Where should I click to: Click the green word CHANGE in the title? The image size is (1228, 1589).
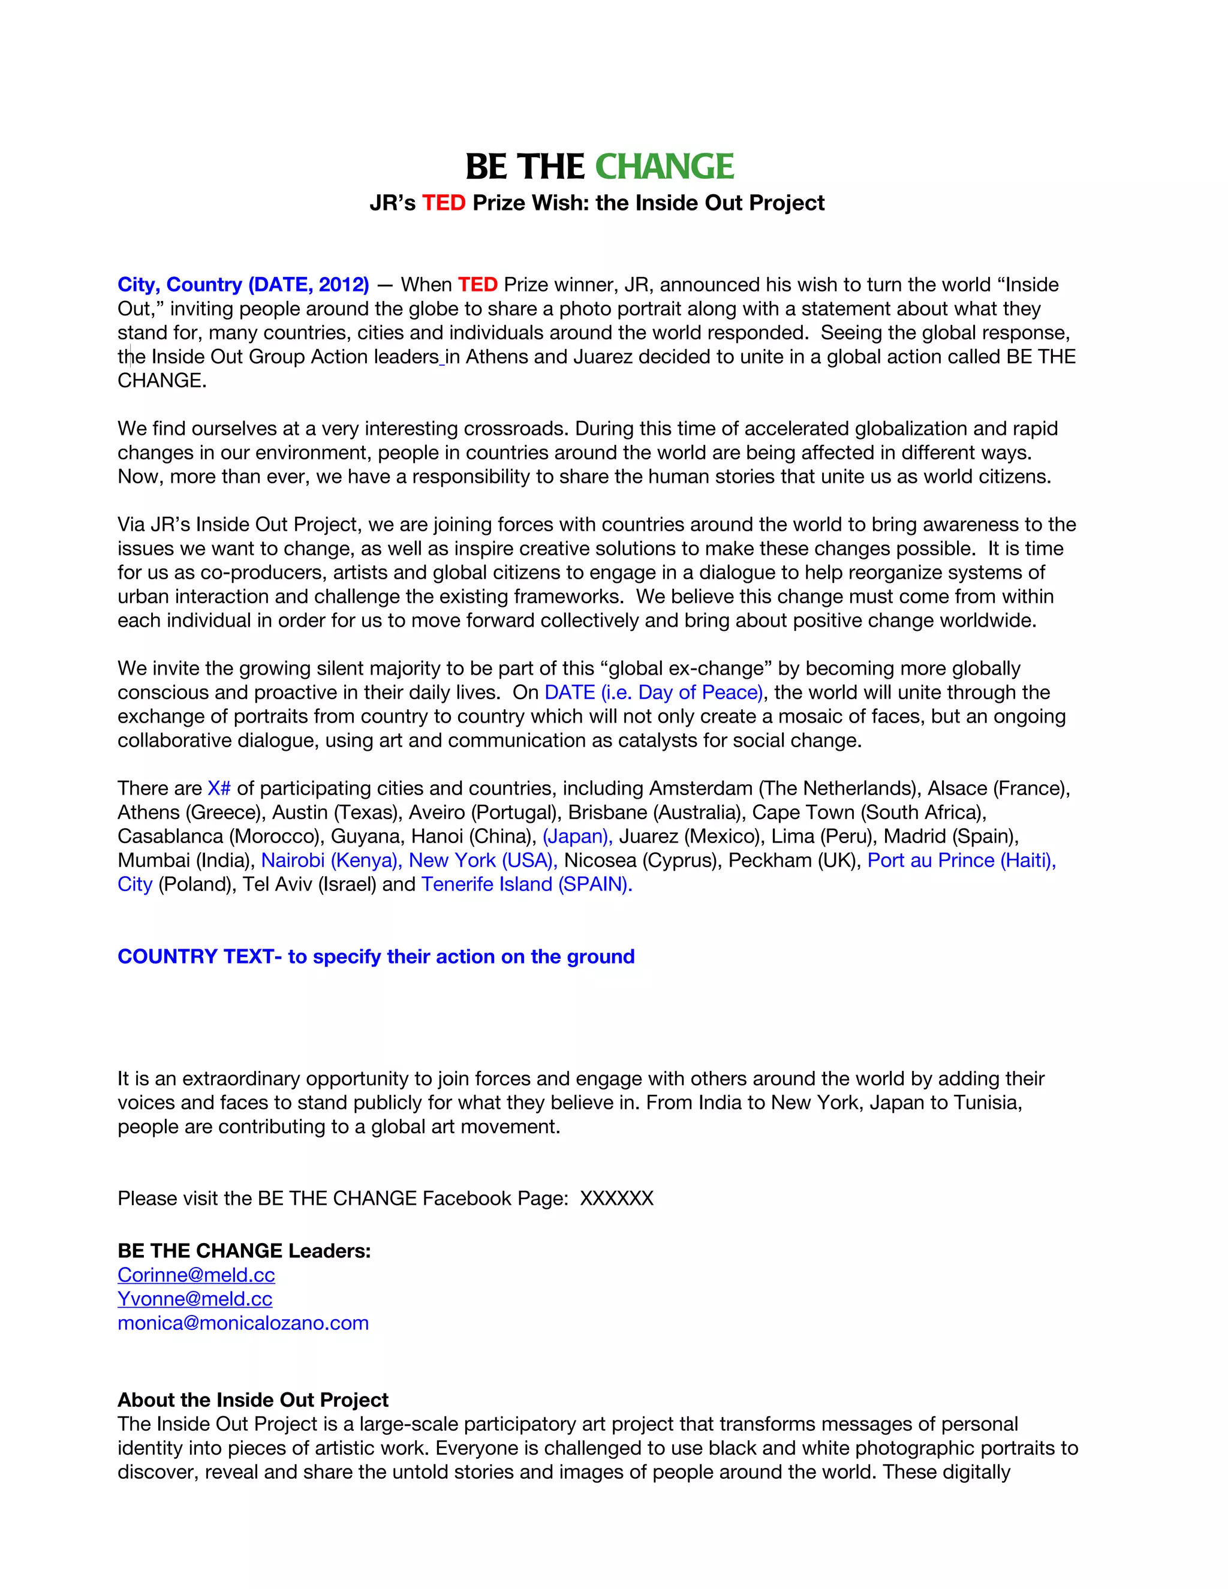coord(664,167)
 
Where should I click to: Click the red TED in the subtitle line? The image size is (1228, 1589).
coord(443,203)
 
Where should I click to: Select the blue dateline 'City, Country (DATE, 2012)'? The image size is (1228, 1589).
coord(243,284)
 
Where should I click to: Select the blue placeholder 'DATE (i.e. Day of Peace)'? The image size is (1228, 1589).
coord(654,693)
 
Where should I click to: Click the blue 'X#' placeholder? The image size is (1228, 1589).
coord(219,789)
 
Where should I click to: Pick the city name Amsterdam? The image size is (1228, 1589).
coord(700,789)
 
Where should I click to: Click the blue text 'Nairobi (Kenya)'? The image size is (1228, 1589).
coord(330,860)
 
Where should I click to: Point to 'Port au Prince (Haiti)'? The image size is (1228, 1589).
coord(961,860)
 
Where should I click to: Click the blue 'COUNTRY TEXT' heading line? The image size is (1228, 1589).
coord(375,957)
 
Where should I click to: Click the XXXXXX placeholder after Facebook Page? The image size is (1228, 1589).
coord(616,1198)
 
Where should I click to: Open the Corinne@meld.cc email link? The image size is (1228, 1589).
coord(197,1275)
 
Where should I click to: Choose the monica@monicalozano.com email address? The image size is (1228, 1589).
coord(243,1323)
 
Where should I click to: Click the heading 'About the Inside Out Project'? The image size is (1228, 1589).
coord(253,1400)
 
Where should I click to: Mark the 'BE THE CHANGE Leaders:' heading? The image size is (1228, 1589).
coord(245,1251)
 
